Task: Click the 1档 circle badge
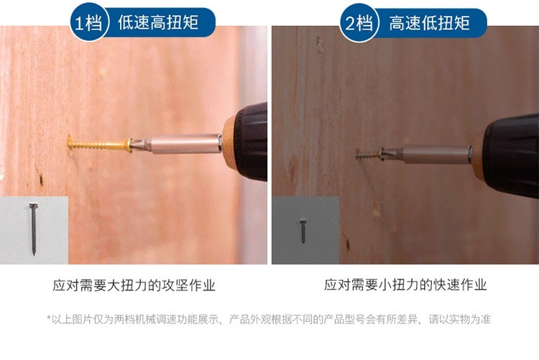point(89,22)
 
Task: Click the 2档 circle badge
point(359,23)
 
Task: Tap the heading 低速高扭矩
point(158,22)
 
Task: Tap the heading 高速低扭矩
point(429,23)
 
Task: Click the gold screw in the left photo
point(100,144)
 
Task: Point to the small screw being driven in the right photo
point(369,155)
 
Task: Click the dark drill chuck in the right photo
point(512,154)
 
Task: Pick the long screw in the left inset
point(33,229)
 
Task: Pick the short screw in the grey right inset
point(303,231)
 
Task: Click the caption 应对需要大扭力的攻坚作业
point(134,285)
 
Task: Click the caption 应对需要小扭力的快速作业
point(405,285)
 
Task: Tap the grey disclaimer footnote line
point(269,320)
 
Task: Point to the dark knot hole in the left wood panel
point(41,178)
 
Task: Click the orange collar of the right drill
point(479,157)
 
